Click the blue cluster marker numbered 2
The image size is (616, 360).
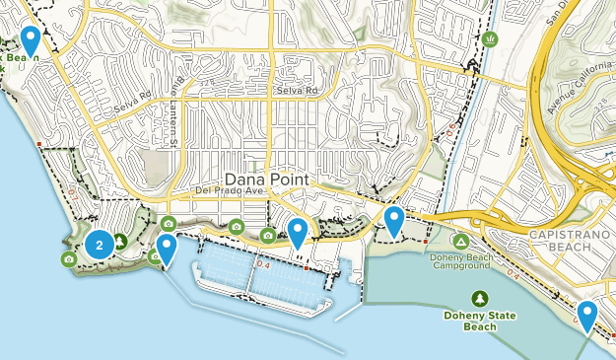100,245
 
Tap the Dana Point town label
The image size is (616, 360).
267,180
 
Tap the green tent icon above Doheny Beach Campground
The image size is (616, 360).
460,241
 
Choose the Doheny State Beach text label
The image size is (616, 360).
479,321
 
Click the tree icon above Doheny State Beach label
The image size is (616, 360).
479,298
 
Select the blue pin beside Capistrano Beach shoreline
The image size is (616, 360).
587,316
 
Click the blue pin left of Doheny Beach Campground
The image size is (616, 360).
394,221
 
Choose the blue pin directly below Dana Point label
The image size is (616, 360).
298,233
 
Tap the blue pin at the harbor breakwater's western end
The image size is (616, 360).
168,250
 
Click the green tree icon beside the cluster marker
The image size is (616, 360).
120,240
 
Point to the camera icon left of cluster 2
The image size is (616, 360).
68,258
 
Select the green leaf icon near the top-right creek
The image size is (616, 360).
490,39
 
